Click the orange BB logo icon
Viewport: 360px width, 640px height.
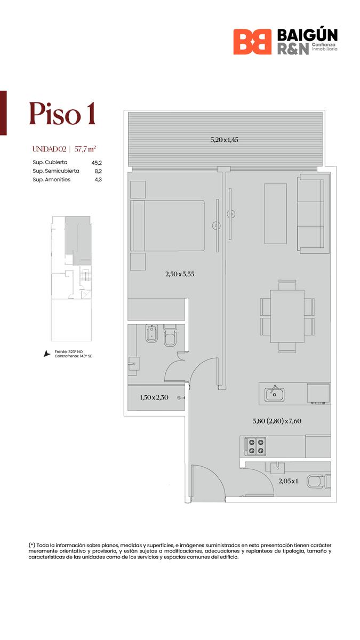(252, 42)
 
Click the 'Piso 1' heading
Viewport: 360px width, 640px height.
(62, 114)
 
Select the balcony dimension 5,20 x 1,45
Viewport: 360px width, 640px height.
(225, 140)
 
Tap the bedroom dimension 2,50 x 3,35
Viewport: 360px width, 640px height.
(180, 274)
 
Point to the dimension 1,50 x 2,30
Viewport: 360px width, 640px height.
(154, 397)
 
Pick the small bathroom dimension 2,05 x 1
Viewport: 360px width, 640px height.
(289, 481)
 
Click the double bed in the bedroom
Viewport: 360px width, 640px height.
(167, 226)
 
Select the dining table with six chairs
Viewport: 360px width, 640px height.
(287, 316)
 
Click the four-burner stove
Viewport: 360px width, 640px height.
(255, 447)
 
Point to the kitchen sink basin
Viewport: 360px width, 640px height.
(274, 395)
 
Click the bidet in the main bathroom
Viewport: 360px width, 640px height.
(151, 334)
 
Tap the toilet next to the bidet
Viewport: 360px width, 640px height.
(171, 335)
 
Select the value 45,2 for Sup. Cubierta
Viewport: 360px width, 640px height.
(97, 163)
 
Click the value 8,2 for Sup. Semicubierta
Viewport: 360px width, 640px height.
(98, 171)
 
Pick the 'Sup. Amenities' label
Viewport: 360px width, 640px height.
(51, 180)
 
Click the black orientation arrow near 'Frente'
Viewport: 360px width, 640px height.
(46, 354)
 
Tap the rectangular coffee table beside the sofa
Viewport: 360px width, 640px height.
(275, 214)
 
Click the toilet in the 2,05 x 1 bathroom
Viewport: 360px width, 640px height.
(318, 482)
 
